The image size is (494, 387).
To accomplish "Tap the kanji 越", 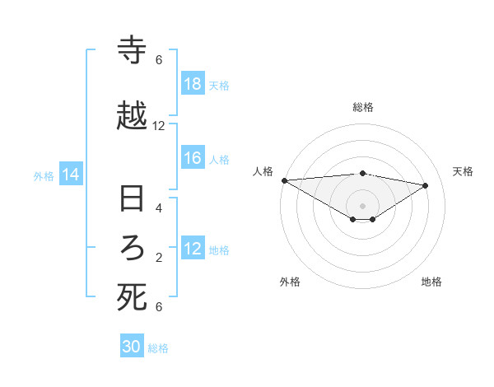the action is [x=132, y=117].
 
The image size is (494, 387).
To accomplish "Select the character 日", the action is [x=132, y=200].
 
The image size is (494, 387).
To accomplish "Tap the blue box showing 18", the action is [x=193, y=84].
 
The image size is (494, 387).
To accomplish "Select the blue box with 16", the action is [x=193, y=158].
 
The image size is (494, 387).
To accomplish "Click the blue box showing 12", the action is [x=193, y=249].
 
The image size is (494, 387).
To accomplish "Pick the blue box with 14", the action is [x=71, y=175].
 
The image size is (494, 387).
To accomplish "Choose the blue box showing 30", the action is [x=132, y=347].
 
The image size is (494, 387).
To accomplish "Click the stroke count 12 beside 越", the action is [x=159, y=126].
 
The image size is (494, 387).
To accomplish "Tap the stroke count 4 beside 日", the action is [x=159, y=208].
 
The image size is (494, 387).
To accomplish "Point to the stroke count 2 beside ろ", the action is [x=159, y=258].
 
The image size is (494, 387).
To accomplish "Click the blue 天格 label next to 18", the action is [x=219, y=85].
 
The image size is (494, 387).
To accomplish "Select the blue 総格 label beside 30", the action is [x=158, y=348].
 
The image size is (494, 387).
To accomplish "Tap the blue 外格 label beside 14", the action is [x=44, y=175].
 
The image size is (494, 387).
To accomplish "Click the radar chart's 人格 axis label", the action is [x=263, y=171].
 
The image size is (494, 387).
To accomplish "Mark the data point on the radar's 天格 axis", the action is [x=426, y=185].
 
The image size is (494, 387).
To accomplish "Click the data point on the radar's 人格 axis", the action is [x=284, y=180].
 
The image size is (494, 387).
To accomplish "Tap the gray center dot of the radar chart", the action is [x=362, y=205].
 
